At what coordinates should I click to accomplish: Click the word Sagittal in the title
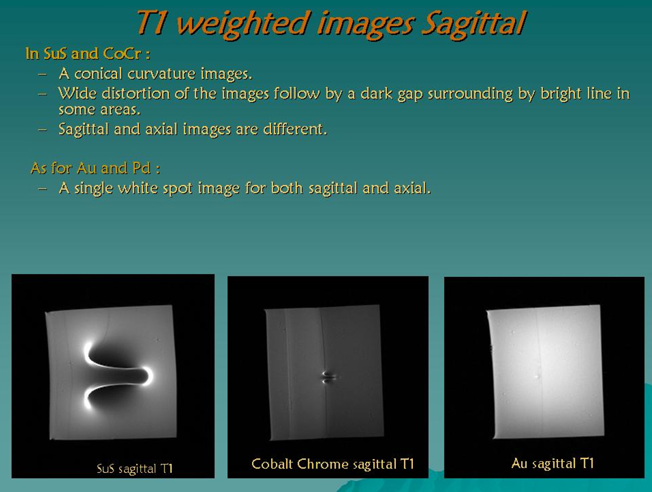tap(474, 24)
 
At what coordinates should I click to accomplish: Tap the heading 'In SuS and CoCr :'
tap(88, 53)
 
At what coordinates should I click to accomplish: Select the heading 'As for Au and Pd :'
tap(95, 169)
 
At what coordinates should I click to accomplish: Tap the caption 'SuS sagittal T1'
tap(135, 469)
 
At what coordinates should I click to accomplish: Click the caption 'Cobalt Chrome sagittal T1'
tap(333, 464)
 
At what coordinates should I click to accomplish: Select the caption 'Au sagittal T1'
tap(553, 463)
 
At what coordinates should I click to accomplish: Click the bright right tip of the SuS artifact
tap(148, 376)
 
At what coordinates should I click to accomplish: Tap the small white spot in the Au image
tap(537, 377)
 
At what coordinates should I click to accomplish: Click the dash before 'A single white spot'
tap(42, 188)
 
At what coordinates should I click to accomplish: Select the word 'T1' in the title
tap(152, 23)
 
